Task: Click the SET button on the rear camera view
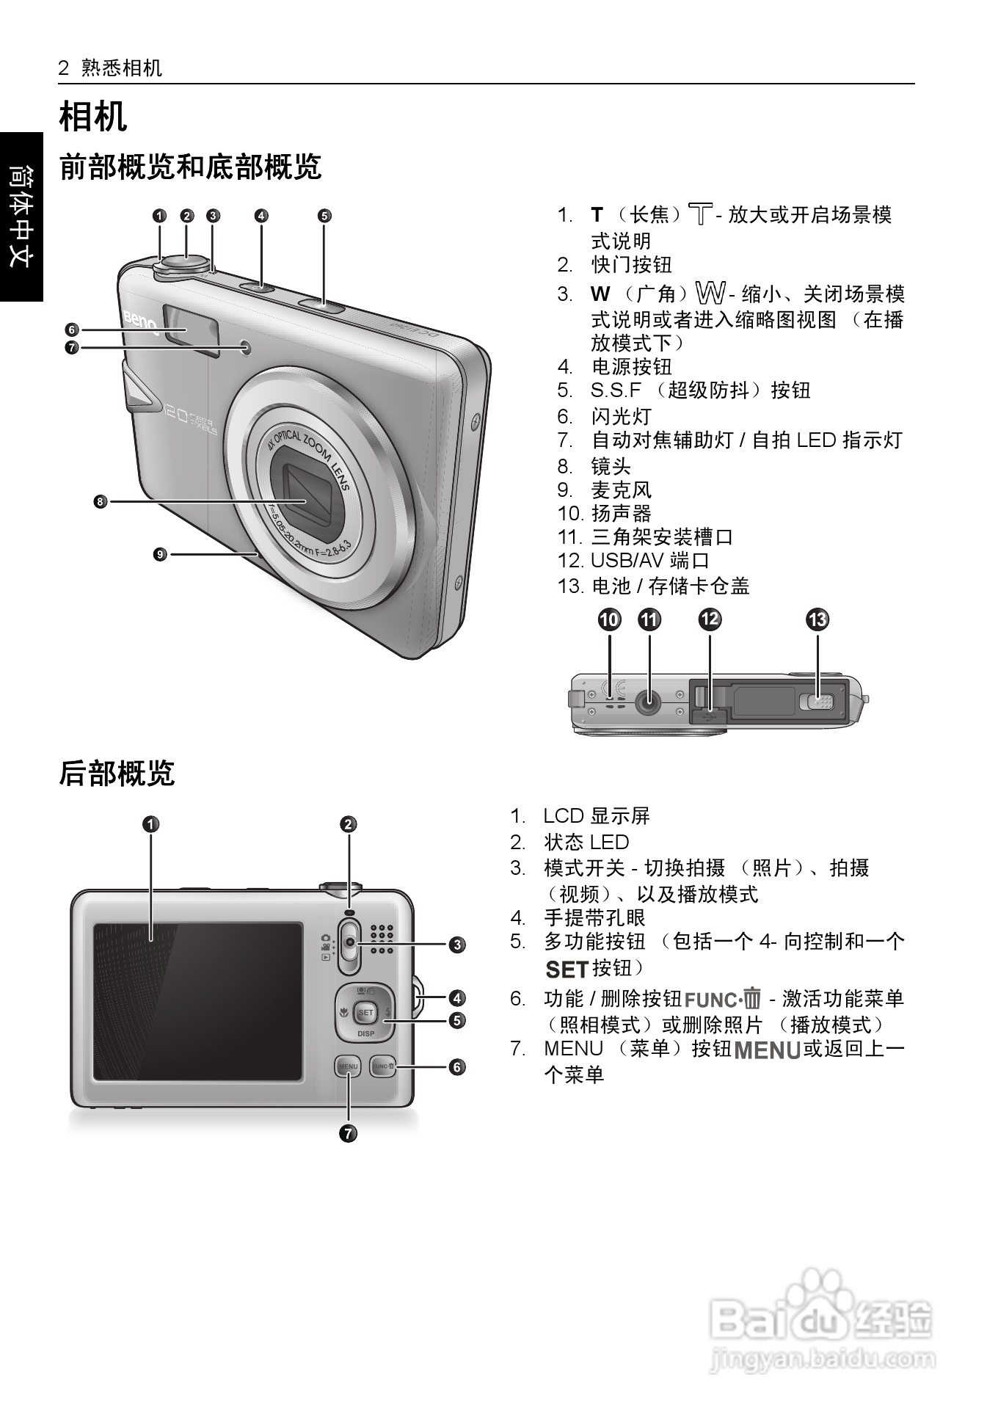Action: click(x=365, y=1013)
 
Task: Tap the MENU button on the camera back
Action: click(x=348, y=1066)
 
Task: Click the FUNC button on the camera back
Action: click(x=382, y=1066)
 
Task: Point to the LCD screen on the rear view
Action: click(x=197, y=1001)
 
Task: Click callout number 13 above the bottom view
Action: click(x=817, y=620)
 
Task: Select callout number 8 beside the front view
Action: click(x=101, y=502)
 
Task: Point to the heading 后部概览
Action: click(x=117, y=774)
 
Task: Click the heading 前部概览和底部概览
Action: click(x=190, y=167)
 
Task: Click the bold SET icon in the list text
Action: click(x=567, y=970)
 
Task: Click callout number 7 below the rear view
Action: click(x=348, y=1133)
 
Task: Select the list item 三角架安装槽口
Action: click(x=662, y=537)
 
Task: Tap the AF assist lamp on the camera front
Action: click(x=244, y=349)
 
